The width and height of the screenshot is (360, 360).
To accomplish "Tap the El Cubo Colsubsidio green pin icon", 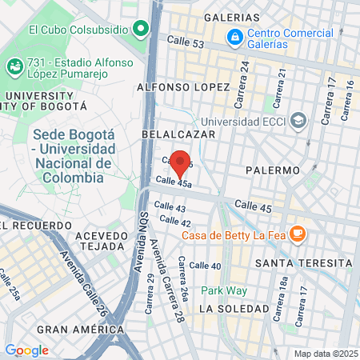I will coord(142,30).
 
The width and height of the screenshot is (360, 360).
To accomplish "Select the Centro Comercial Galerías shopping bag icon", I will coord(234,36).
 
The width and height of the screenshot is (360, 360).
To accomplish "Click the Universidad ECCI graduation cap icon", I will coord(298,120).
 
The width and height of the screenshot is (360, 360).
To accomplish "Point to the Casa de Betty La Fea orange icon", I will coord(298,234).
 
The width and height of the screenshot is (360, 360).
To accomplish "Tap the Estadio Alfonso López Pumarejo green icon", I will coord(14,66).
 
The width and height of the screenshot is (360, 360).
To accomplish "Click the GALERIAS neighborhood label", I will coord(232,17).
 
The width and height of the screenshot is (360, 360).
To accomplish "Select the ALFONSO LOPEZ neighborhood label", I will coord(184,86).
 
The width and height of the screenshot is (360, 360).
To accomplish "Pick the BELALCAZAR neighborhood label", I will coord(178,134).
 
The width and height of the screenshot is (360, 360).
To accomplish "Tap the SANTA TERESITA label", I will coord(302,263).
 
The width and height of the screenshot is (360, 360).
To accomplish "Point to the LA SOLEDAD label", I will coord(234,308).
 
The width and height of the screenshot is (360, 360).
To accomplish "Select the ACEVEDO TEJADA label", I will coord(102,242).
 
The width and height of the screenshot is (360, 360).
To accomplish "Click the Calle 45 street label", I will coord(254,206).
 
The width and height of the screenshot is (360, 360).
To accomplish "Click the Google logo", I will coord(26,350).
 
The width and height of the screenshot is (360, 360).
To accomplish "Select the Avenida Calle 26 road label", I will coord(83,280).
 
